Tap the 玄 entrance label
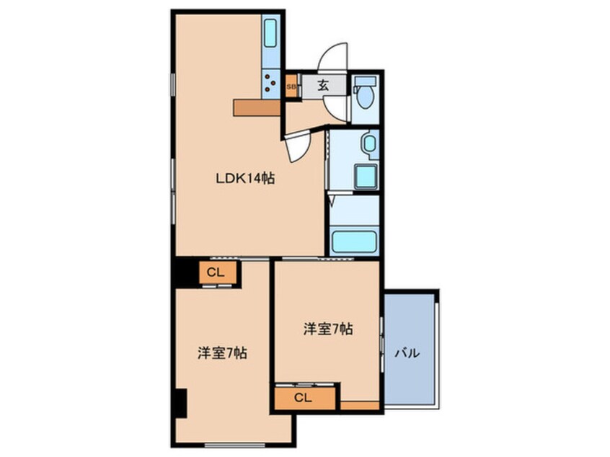322,84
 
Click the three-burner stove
270,81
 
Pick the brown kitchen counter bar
256,107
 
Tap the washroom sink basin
368,143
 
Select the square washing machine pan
366,176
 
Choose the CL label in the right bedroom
303,398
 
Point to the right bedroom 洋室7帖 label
327,329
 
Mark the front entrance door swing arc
333,58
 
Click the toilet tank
363,80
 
